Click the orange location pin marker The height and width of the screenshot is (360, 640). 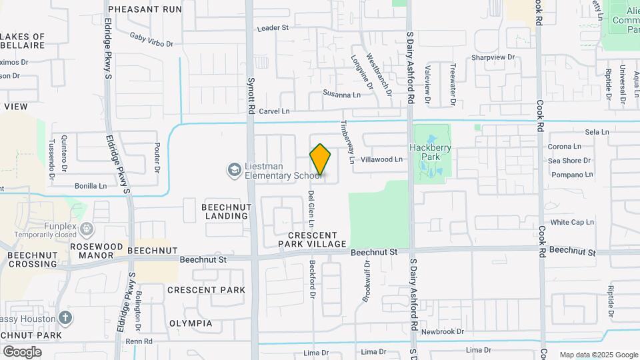click(x=320, y=160)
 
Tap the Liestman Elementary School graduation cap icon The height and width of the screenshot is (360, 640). click(x=233, y=171)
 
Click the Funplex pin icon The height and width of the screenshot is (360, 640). click(x=87, y=230)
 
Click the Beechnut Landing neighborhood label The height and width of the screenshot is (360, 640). click(x=227, y=211)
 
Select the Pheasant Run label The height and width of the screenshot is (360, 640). click(x=145, y=9)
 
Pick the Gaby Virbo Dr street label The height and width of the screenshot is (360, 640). click(x=151, y=39)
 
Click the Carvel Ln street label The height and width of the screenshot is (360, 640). click(x=275, y=111)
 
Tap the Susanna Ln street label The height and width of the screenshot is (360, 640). click(x=341, y=95)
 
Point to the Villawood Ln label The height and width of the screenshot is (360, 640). click(x=381, y=160)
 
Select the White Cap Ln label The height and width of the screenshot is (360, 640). click(x=571, y=222)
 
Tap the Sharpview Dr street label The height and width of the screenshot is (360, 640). click(x=493, y=57)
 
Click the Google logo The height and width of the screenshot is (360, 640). click(x=23, y=351)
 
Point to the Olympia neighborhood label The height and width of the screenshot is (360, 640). click(x=191, y=323)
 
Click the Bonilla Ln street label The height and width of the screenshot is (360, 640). click(x=91, y=186)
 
